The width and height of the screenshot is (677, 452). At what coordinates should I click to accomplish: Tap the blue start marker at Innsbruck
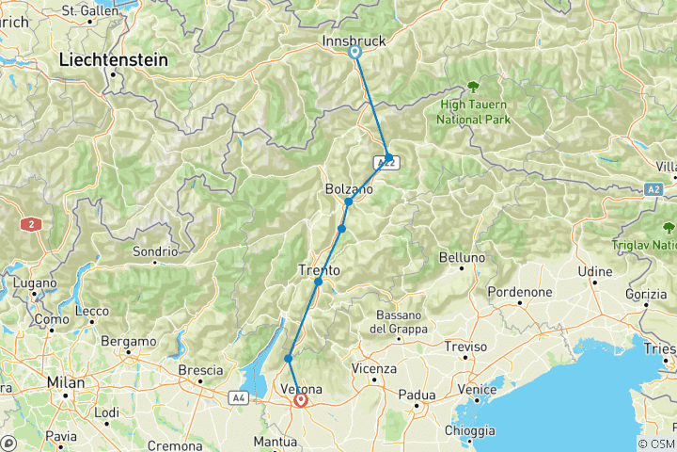355,53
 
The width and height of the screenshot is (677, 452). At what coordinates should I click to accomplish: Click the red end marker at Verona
301,400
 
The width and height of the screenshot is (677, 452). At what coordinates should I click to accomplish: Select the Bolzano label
348,189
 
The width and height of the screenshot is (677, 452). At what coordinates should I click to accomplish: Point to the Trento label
319,270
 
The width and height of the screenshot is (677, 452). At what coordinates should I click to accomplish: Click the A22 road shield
387,163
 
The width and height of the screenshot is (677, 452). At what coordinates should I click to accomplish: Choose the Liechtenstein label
113,59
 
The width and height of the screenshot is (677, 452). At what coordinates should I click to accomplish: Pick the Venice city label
476,389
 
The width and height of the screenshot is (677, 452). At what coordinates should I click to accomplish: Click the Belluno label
464,257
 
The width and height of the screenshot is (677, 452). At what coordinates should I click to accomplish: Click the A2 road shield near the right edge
654,189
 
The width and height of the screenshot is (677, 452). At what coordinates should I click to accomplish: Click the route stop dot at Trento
319,282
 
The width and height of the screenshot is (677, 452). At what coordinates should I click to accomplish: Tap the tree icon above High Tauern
472,87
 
